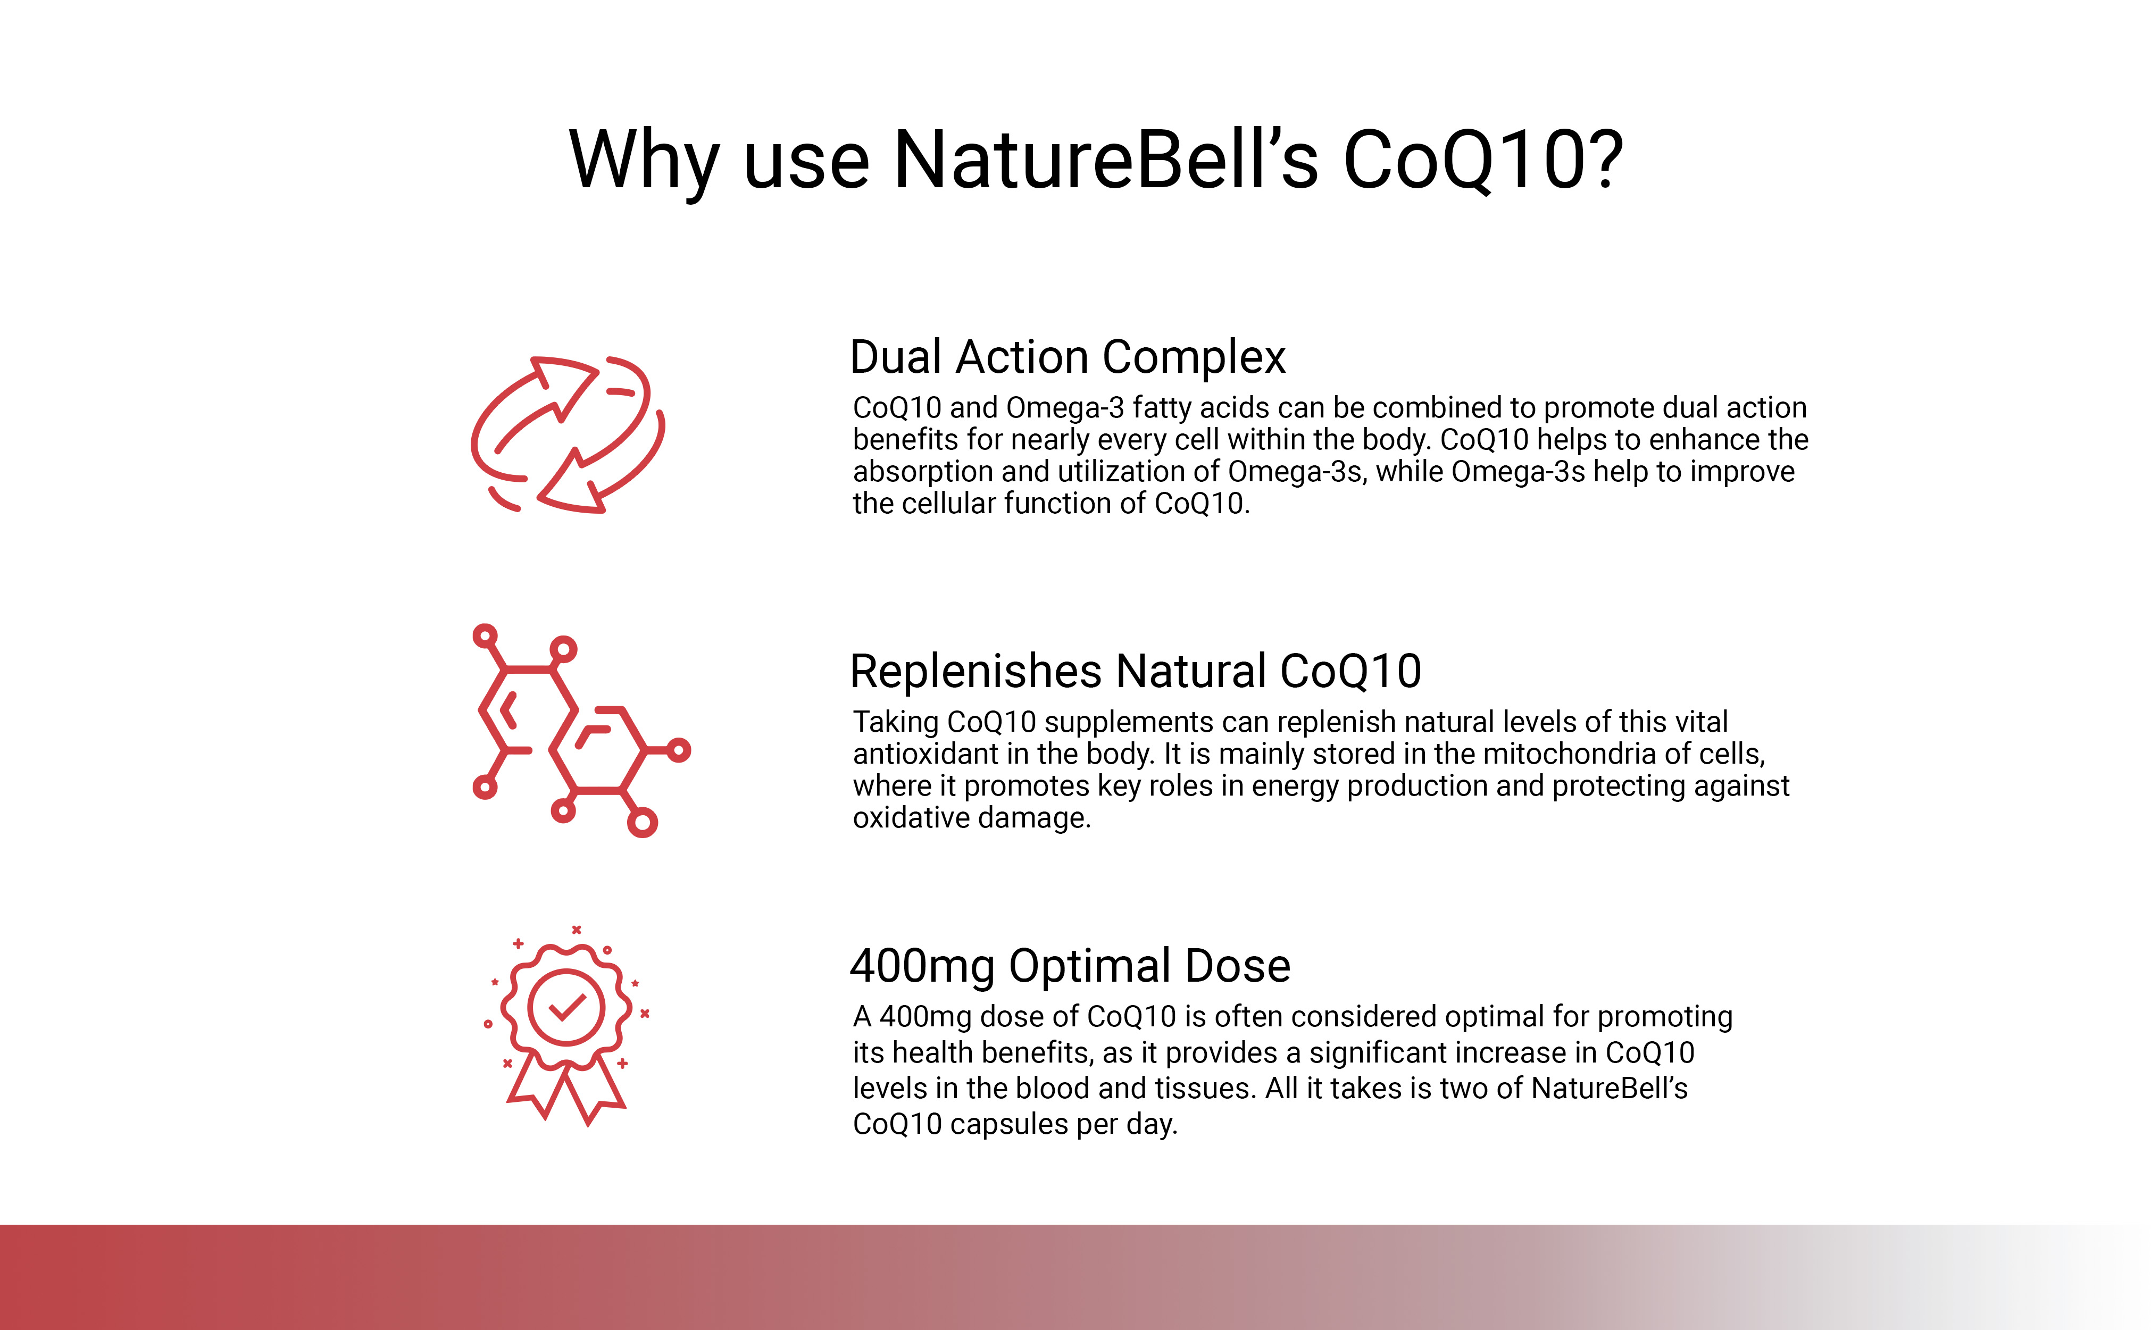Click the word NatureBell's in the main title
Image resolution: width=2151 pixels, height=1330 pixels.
click(x=1106, y=160)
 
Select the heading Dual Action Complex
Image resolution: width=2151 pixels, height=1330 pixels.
click(x=1067, y=358)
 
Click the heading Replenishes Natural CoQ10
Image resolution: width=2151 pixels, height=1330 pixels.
click(x=1135, y=671)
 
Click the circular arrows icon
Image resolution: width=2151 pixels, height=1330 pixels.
click(x=568, y=434)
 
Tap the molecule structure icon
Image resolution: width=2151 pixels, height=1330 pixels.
click(x=581, y=730)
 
